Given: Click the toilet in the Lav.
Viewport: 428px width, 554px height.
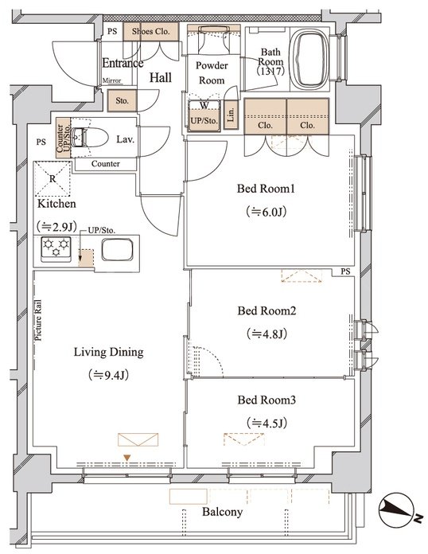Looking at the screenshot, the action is coord(90,137).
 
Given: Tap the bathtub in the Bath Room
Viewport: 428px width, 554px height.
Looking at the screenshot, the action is coord(310,59).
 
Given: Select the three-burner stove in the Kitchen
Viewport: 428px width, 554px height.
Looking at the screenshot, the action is coord(56,248).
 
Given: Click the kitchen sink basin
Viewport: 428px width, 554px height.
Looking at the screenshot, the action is coord(117,250).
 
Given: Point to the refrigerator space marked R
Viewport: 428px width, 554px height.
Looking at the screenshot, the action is coord(53,179).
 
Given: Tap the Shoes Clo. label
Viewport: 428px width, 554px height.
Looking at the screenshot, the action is coord(151,31).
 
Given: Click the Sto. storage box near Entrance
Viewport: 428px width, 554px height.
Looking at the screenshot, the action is coord(122,101).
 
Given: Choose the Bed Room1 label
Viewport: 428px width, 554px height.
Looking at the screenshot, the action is coord(266,189).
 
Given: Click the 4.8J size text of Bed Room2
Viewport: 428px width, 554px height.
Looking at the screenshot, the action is coord(267,334).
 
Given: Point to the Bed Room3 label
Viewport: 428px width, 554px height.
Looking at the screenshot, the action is coord(267,400).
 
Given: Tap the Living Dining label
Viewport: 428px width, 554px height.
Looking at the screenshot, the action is coord(109,353).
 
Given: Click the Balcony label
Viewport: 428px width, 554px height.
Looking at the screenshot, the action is coord(223,512).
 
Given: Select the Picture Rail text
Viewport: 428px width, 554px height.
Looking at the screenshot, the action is coord(38,321).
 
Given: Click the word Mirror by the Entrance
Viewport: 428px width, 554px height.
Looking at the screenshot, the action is coord(111,80).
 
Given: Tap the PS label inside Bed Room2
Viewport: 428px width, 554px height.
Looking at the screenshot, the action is coord(346,271).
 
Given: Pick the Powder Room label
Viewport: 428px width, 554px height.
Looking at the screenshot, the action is coord(212,72).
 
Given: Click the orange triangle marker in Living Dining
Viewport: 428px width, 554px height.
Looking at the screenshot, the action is coord(126,458).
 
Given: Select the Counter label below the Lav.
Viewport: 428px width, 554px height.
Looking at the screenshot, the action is coord(106,164).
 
